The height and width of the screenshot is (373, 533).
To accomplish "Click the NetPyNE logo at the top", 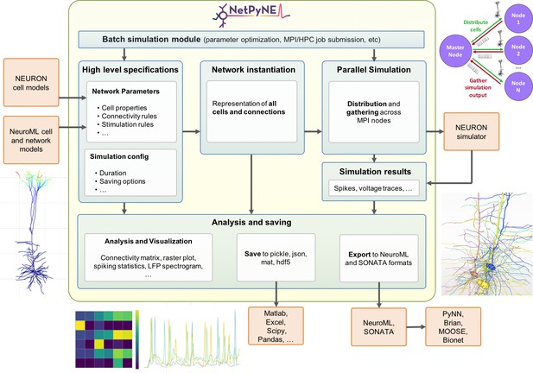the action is click(x=251, y=15).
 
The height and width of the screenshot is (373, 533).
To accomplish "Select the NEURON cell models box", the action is click(x=31, y=83).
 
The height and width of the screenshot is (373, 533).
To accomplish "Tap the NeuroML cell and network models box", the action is click(x=31, y=140).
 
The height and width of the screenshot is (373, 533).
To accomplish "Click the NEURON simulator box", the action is click(x=471, y=132).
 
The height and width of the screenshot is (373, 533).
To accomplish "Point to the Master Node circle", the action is click(x=454, y=51).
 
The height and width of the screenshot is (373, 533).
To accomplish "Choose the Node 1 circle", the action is click(x=517, y=18).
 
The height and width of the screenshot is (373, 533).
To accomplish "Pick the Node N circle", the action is click(x=517, y=86).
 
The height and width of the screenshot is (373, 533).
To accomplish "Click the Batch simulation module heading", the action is click(x=151, y=40).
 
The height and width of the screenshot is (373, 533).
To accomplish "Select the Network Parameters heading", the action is click(x=125, y=92).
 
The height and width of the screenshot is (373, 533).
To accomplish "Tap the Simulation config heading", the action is click(x=119, y=156).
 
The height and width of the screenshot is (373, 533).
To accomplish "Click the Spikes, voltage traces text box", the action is click(x=373, y=188).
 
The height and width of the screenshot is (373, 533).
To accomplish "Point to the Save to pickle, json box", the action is click(x=276, y=257).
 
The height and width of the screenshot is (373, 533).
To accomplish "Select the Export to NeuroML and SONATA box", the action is click(x=378, y=258).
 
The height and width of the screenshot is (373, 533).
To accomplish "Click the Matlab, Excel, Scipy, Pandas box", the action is click(x=276, y=326).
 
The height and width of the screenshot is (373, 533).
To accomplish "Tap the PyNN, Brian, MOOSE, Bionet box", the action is click(x=454, y=326).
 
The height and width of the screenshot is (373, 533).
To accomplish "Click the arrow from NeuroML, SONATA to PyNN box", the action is click(x=416, y=326).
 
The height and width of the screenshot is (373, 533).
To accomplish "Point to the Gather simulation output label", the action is click(x=478, y=88).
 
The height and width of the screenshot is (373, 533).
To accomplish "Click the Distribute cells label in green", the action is click(x=475, y=26).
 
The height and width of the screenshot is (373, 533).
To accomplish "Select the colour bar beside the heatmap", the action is click(x=137, y=339).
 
